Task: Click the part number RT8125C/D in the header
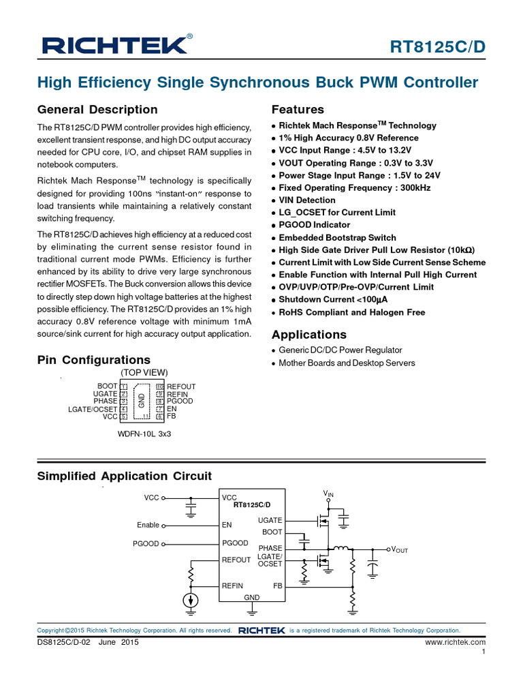coord(437,46)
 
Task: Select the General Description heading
coord(97,110)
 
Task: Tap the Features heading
coord(298,110)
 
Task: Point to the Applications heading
coord(309,335)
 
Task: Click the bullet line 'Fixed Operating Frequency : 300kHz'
coord(355,187)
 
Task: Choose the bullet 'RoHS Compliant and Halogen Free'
coord(352,312)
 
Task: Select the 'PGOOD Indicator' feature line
coord(315,225)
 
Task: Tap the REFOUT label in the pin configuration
coord(182,386)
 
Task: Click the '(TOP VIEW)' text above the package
coord(144,373)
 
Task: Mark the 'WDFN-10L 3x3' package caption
coord(144,434)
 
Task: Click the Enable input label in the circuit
coord(148,526)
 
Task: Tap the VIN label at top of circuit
coord(329,493)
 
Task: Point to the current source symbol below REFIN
coord(191,601)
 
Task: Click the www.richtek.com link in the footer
coord(455,642)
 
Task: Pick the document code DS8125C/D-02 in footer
coord(63,642)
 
